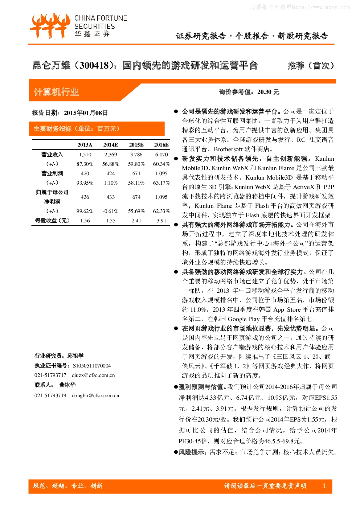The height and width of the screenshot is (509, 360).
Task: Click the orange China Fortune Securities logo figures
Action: click(50, 25)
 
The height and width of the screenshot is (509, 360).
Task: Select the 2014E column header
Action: click(111, 145)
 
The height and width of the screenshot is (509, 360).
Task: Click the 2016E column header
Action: click(161, 145)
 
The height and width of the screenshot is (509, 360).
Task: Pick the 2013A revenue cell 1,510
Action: click(85, 155)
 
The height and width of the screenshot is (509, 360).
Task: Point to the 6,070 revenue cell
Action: click(161, 155)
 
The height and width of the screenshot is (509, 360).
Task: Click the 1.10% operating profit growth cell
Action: click(111, 183)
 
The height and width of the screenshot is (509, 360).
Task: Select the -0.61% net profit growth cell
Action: click(110, 211)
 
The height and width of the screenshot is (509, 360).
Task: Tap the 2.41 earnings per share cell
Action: click(136, 221)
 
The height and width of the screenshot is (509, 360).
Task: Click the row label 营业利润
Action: click(52, 173)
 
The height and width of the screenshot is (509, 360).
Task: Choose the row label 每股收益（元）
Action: click(52, 221)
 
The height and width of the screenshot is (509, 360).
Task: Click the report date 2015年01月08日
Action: click(86, 113)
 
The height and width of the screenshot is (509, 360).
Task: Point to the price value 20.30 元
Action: click(268, 92)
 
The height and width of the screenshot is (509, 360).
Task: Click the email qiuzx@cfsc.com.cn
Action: click(93, 375)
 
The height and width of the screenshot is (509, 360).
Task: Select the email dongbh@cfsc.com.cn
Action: click(95, 395)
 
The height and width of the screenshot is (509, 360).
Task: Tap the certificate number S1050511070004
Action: click(92, 366)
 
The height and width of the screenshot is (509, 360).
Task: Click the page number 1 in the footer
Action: click(324, 486)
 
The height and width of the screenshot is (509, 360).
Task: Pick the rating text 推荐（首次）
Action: click(311, 65)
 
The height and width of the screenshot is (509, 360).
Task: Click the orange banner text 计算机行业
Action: click(56, 92)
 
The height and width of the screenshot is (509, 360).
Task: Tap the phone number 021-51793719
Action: click(50, 395)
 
